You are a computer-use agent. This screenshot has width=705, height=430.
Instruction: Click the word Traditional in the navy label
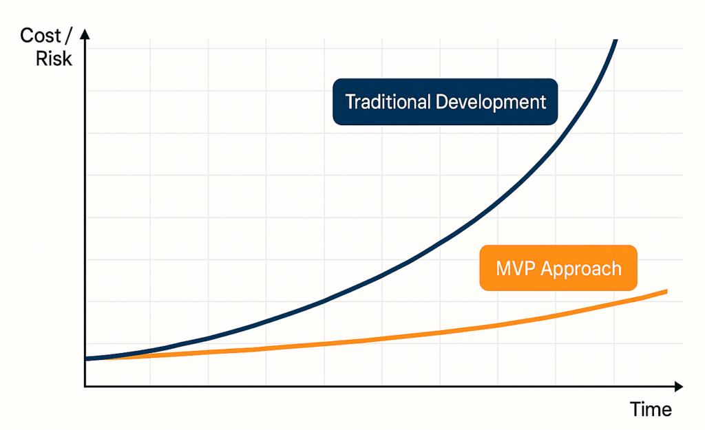pyautogui.click(x=388, y=102)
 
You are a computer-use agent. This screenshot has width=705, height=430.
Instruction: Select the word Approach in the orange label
pyautogui.click(x=581, y=270)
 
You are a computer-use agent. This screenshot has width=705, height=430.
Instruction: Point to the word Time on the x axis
pyautogui.click(x=651, y=409)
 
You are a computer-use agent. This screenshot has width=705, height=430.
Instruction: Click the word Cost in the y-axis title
pyautogui.click(x=41, y=36)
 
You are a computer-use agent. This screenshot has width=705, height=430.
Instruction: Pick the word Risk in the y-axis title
pyautogui.click(x=54, y=58)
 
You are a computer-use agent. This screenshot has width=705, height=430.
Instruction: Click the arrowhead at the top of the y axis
pyautogui.click(x=85, y=34)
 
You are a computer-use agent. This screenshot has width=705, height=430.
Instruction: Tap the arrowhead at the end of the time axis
pyautogui.click(x=679, y=386)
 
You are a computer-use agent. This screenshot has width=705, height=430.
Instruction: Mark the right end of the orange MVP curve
pyautogui.click(x=666, y=292)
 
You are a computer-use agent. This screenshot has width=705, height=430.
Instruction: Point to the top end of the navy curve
pyautogui.click(x=615, y=41)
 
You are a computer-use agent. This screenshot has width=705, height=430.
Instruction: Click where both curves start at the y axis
pyautogui.click(x=86, y=358)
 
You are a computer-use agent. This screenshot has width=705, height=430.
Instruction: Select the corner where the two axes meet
pyautogui.click(x=85, y=386)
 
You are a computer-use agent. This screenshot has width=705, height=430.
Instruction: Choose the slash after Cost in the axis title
pyautogui.click(x=68, y=36)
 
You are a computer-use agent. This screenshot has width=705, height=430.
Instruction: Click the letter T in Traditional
pyautogui.click(x=350, y=102)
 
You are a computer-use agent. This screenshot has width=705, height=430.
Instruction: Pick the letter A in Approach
pyautogui.click(x=547, y=269)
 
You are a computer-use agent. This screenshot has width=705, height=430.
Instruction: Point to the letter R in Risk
pyautogui.click(x=42, y=58)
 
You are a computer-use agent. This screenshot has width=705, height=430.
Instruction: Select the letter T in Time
pyautogui.click(x=635, y=409)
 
